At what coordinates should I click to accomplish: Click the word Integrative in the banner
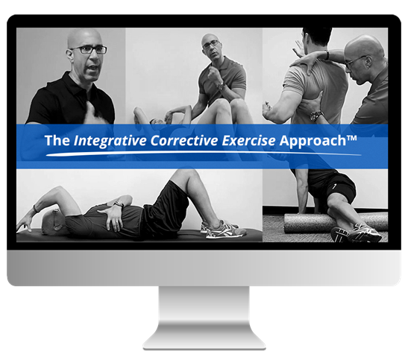(110, 141)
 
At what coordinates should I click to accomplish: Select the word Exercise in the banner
(248, 140)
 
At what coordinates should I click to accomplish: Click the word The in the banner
(57, 140)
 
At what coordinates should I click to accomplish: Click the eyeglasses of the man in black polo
(89, 49)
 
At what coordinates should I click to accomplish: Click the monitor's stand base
(204, 337)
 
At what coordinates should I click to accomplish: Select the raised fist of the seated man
(214, 75)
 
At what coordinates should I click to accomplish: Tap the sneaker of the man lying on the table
(223, 230)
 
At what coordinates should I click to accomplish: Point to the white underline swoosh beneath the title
(204, 154)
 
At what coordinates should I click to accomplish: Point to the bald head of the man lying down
(51, 221)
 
